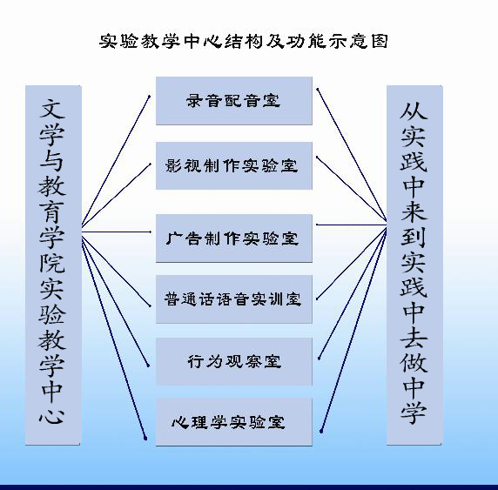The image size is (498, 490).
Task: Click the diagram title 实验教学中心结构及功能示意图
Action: [x=244, y=41]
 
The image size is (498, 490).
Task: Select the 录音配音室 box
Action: [x=234, y=101]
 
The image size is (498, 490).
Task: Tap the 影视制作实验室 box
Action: [x=234, y=165]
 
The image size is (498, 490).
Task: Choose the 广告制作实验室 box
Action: [x=234, y=238]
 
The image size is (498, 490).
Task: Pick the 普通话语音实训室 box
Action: [x=234, y=299]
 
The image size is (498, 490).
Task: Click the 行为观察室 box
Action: [x=234, y=361]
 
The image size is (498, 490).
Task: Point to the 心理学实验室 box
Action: [x=234, y=422]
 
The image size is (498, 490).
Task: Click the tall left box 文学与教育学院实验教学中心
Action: [x=53, y=265]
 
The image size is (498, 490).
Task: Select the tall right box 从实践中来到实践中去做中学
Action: [x=414, y=265]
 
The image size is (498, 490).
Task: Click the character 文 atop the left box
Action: [x=52, y=109]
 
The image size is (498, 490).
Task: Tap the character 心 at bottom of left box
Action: [x=52, y=414]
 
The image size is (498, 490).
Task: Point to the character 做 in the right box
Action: [x=414, y=363]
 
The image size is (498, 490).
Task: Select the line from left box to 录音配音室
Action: [x=116, y=161]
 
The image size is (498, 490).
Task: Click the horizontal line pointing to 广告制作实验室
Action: [x=117, y=232]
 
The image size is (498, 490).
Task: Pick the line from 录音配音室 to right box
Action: [x=352, y=155]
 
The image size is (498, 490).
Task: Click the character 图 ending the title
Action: [x=380, y=41]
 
